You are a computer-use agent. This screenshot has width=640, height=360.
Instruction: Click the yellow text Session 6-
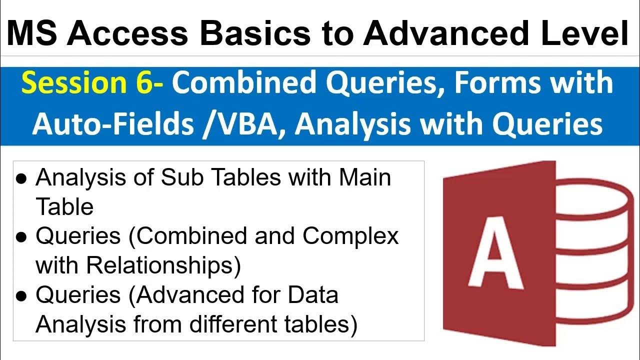tap(92, 82)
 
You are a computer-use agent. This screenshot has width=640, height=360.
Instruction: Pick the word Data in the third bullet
tap(312, 294)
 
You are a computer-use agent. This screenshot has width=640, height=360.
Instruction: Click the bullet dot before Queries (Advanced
tap(21, 295)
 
